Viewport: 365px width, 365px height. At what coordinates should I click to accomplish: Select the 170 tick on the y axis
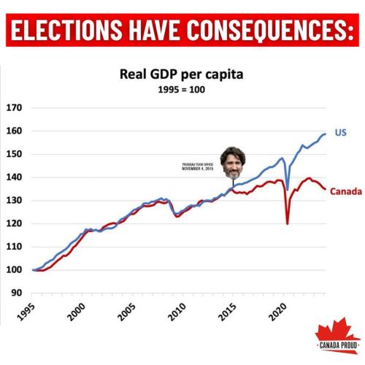click(x=13, y=108)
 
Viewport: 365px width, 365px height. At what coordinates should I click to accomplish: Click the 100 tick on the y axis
click(x=13, y=270)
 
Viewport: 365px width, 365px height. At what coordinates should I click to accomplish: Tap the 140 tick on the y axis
click(x=13, y=177)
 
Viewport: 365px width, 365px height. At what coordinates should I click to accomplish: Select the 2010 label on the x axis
click(x=177, y=315)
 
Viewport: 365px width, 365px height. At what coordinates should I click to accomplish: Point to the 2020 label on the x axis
click(x=279, y=315)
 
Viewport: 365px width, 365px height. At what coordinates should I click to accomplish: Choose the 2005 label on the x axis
click(x=126, y=315)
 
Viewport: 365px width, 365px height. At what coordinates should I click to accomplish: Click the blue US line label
click(x=340, y=134)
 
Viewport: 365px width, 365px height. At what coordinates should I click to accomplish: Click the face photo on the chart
click(x=233, y=164)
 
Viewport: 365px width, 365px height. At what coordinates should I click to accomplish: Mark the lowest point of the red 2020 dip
click(x=288, y=223)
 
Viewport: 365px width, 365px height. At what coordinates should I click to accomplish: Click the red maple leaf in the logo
click(x=334, y=330)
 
